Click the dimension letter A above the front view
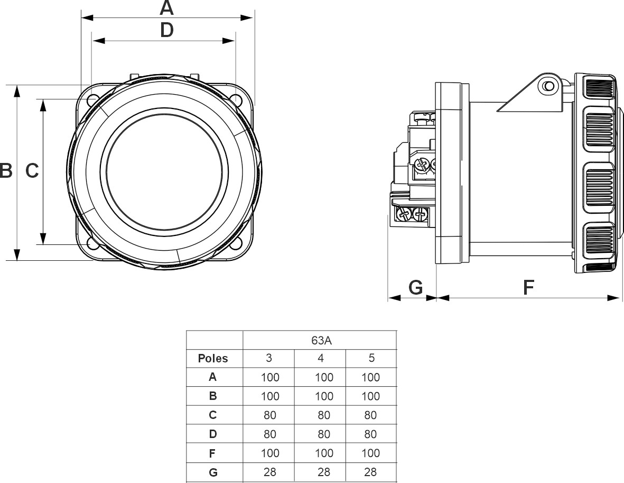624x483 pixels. [x=166, y=8]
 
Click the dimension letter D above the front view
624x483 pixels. [x=166, y=31]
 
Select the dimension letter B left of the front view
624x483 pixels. [x=6, y=171]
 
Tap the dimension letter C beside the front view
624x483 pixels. [x=32, y=171]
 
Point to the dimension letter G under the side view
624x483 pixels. [x=416, y=287]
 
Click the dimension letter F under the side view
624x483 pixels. [x=528, y=287]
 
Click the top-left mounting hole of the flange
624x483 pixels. [x=92, y=99]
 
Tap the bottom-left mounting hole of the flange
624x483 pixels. [x=92, y=244]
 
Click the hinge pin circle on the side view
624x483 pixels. [x=548, y=86]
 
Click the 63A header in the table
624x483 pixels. [x=319, y=340]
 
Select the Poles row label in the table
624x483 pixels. [x=213, y=359]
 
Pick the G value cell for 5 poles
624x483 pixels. [x=371, y=472]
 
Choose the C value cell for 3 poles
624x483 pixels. [x=269, y=415]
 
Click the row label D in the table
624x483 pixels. [x=213, y=434]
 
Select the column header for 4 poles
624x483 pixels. [x=320, y=358]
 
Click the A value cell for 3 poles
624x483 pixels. [x=269, y=377]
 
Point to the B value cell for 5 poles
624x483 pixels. [x=371, y=396]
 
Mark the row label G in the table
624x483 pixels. [x=213, y=472]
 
